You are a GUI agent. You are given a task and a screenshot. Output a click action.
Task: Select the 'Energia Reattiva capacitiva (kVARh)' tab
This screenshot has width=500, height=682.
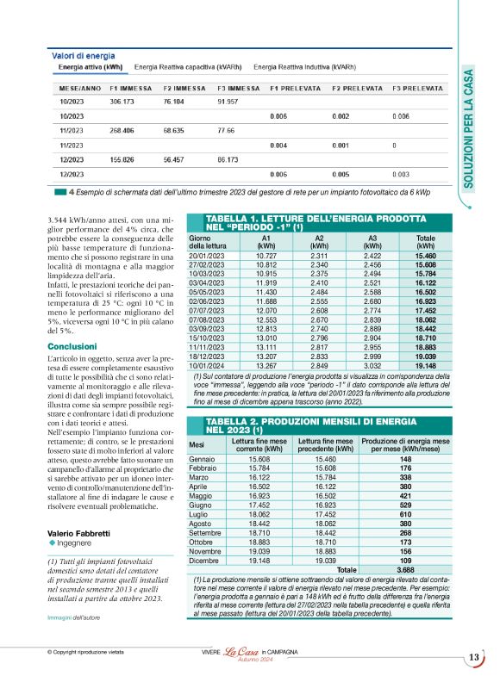click(189, 65)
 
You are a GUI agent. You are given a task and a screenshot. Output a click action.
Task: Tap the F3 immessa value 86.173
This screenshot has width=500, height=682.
click(227, 159)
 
